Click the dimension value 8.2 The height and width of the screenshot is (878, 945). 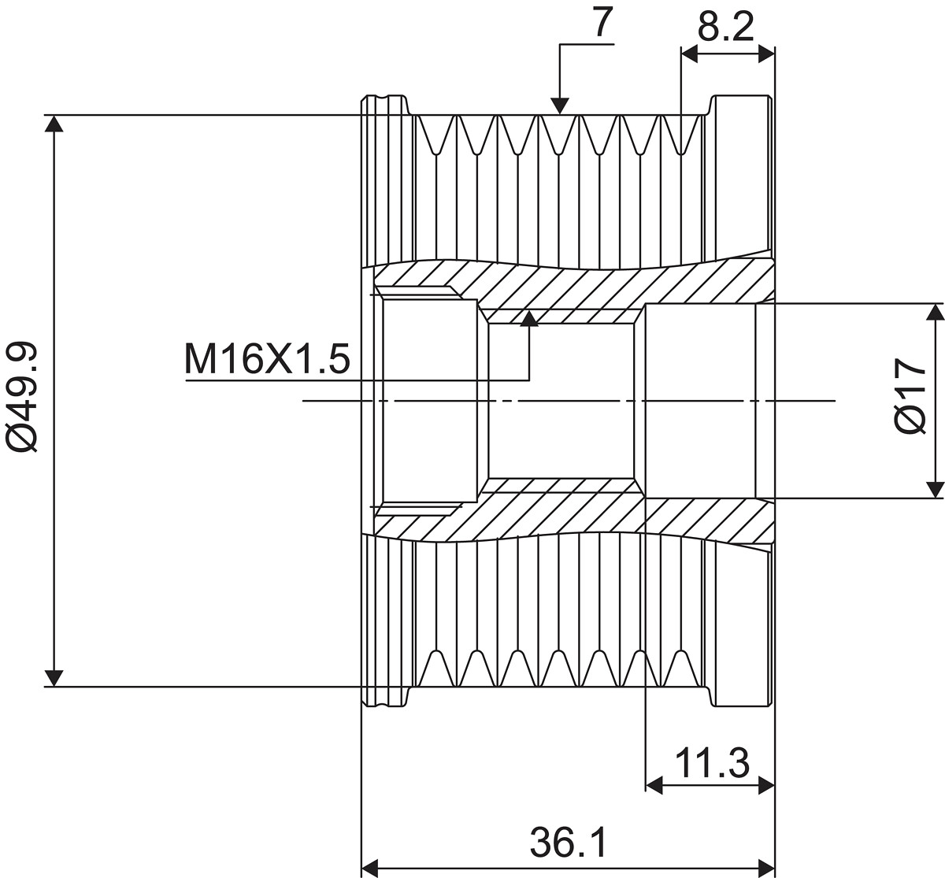[725, 27]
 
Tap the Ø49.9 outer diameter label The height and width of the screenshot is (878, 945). [22, 397]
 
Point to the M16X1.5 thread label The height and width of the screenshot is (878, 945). [267, 360]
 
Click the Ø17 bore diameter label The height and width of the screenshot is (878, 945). [910, 396]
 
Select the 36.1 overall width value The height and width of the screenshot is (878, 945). [569, 843]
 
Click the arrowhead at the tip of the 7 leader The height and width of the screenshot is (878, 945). [560, 106]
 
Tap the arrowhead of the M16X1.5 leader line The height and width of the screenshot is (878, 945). [528, 318]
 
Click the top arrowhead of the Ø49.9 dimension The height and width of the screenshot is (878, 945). [54, 124]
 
